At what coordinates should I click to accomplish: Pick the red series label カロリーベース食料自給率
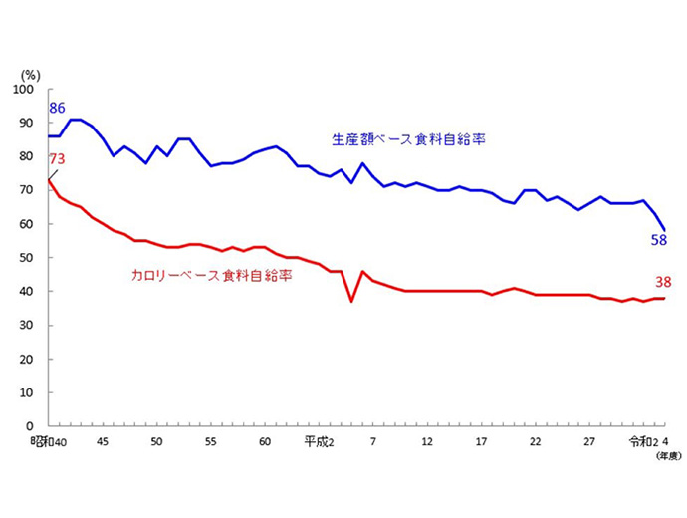(212, 274)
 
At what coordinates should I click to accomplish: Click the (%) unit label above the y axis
(31, 75)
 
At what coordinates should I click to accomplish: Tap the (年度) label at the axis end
(667, 457)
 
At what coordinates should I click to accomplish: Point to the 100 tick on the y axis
(26, 90)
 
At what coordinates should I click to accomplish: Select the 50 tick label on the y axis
(29, 258)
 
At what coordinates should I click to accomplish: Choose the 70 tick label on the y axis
(29, 190)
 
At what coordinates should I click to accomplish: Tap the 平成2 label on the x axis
(319, 442)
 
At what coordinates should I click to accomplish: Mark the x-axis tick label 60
(265, 442)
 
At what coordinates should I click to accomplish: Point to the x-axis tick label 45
(103, 442)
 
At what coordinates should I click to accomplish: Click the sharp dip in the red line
(351, 300)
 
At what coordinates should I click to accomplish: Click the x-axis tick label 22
(535, 442)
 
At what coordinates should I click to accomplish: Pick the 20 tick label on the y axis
(29, 359)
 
